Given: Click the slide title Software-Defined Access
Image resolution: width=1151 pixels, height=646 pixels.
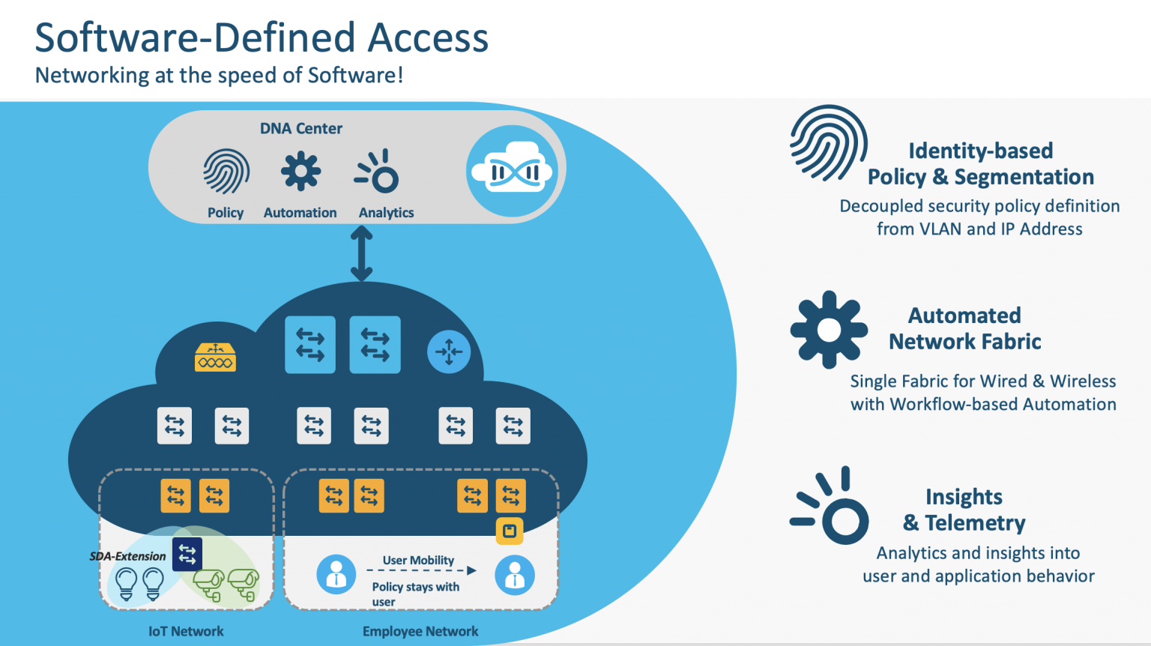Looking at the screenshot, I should pos(262,37).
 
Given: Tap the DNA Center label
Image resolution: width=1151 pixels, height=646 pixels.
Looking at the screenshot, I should pos(300,128).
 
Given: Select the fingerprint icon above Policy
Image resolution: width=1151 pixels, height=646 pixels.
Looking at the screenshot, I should pos(226,172).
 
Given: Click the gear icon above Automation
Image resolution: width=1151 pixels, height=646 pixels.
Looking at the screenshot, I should pos(300,172).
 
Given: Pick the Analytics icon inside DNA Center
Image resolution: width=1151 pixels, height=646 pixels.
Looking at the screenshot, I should pos(378,172).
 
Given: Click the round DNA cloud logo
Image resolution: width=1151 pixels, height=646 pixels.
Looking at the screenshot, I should pos(512,172).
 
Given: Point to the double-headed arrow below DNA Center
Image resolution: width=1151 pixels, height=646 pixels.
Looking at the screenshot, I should pos(361,254).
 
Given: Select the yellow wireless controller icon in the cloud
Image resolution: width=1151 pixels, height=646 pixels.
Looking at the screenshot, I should pos(215,358).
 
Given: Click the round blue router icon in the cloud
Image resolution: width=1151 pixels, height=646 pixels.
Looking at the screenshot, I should pos(448,351).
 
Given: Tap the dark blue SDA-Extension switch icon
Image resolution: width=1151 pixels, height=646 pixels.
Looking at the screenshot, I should pos(187,555).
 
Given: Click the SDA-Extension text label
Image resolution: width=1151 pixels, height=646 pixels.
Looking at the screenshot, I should pos(127,556).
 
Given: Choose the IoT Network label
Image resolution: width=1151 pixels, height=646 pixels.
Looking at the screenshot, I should pos(186,631).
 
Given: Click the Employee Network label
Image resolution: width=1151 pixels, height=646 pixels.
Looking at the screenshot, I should pos(420,631).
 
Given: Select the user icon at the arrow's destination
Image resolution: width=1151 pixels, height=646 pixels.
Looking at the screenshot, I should pos(515,576).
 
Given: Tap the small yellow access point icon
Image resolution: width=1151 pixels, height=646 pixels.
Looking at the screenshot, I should pos(510,531).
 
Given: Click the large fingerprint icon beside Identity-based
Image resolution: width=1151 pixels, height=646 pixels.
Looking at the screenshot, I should pos(828,143).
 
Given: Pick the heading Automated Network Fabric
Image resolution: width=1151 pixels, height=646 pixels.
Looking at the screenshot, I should pos(964,328).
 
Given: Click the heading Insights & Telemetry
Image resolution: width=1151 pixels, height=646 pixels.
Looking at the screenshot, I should pos(964,510).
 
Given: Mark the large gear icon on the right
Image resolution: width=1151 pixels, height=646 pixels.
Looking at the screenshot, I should pos(829,330).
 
